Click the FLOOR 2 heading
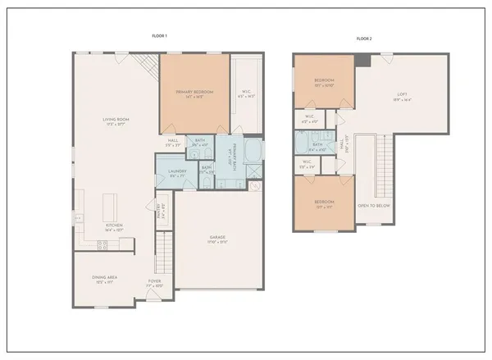pos(363,38)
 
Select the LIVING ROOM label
pos(116,121)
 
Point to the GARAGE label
pos(216,238)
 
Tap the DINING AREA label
pos(104,278)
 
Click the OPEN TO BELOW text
pos(373,205)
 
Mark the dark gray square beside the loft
pos(362,61)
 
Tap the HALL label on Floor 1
pos(173,141)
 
